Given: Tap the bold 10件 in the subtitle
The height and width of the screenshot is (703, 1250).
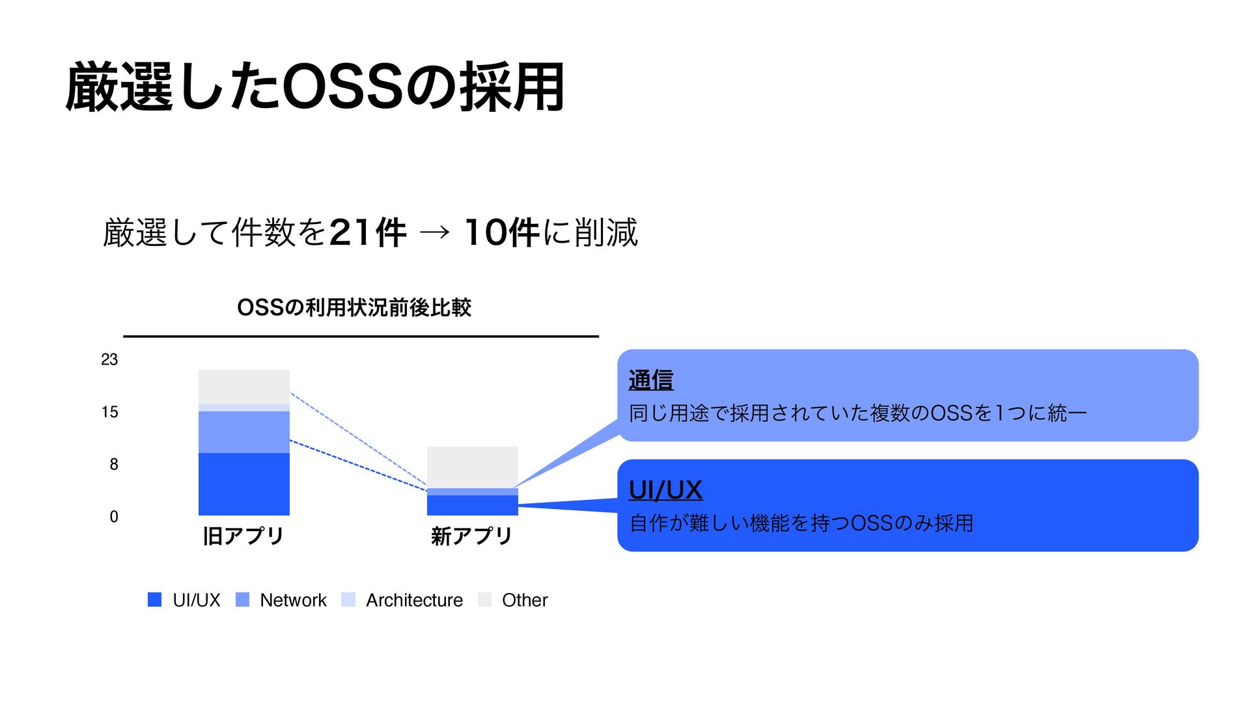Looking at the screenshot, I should tap(502, 232).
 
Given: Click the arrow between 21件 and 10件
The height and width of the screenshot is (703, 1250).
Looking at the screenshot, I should tap(435, 232).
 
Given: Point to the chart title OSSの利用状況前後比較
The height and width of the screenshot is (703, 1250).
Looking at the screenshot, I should tap(354, 307).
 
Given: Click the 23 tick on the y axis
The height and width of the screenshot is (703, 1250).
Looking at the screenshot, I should tap(109, 359).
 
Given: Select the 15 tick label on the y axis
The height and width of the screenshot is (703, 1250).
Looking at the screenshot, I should tap(109, 412).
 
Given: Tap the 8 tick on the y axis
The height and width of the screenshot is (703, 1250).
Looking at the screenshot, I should tap(114, 464).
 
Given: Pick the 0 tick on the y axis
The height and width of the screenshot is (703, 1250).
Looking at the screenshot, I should tap(114, 517).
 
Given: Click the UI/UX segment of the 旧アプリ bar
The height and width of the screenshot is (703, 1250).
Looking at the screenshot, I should tap(243, 484).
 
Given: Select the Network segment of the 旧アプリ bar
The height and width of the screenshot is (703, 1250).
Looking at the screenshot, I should tap(243, 432).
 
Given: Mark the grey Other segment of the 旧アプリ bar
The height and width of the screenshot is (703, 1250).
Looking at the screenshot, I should tap(243, 387).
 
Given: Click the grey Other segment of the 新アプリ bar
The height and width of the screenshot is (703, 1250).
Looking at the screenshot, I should tap(472, 467).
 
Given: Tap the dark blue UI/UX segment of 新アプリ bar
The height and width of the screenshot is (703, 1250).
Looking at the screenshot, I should tap(472, 505).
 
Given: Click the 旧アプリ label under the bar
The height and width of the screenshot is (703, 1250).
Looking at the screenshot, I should tap(243, 536).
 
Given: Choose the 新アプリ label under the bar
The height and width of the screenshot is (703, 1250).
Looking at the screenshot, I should tap(472, 536).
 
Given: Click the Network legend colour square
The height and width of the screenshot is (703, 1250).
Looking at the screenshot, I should tap(242, 600).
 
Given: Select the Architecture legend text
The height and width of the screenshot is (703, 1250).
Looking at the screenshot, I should tap(414, 600).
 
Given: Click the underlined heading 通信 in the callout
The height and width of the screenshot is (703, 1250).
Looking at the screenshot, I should tap(651, 379).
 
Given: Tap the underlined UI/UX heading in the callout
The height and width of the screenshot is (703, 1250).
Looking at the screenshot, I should tap(665, 489).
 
